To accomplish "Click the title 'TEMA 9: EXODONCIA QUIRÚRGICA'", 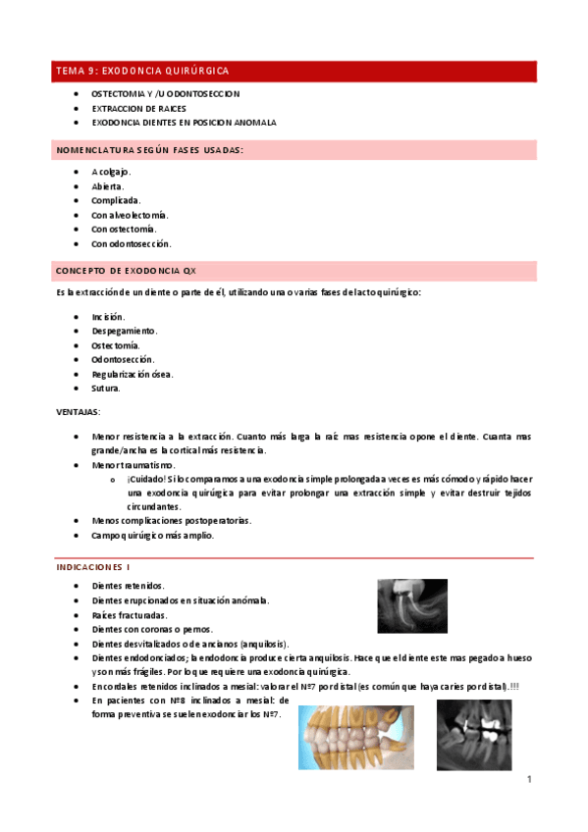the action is pyautogui.click(x=142, y=72).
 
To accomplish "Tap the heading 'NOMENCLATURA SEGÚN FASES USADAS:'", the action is pyautogui.click(x=150, y=150).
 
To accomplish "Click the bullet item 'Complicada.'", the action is pyautogui.click(x=116, y=200).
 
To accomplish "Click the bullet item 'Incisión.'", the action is pyautogui.click(x=108, y=317).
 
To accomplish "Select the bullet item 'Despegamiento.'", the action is pyautogui.click(x=125, y=331).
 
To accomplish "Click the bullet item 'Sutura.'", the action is pyautogui.click(x=106, y=388).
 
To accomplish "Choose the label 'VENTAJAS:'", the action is pyautogui.click(x=78, y=412).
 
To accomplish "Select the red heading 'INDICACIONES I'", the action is pyautogui.click(x=93, y=567).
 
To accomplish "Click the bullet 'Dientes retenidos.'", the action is pyautogui.click(x=128, y=586).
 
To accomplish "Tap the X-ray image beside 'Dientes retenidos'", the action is pyautogui.click(x=412, y=604).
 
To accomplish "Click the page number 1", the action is pyautogui.click(x=528, y=780).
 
